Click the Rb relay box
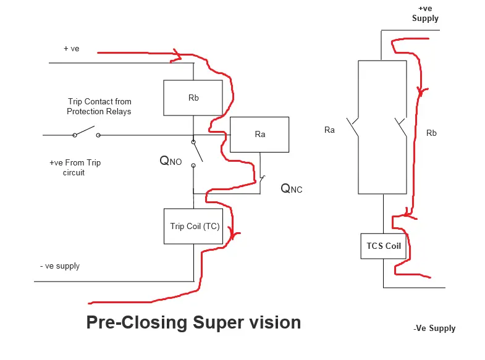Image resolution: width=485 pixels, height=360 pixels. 193,98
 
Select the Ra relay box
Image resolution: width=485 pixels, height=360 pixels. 259,134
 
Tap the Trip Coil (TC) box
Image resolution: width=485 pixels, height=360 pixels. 195,226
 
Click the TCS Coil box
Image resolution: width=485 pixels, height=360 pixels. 384,246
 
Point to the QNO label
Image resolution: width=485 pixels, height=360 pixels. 171,161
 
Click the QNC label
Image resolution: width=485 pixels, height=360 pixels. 292,188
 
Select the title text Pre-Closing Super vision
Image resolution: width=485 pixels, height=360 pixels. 193,322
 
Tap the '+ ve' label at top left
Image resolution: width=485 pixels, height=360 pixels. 71,49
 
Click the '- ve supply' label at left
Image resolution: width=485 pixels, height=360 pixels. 59,266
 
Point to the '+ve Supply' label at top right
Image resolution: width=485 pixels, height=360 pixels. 425,14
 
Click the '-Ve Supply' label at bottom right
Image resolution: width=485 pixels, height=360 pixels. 434,328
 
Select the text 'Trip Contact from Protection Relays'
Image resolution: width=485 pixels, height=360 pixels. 99,106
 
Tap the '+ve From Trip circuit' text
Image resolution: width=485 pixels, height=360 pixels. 75,167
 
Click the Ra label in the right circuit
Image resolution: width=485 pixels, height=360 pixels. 330,130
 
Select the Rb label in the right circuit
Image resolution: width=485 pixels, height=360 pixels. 431,133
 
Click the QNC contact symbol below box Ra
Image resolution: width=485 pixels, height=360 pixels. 261,180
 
